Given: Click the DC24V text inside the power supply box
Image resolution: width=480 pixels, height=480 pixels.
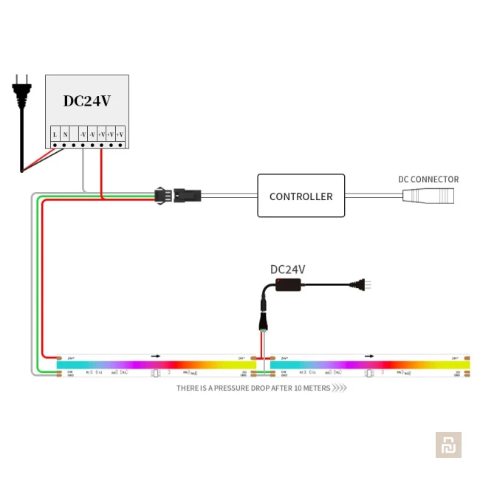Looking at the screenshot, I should pyautogui.click(x=86, y=101).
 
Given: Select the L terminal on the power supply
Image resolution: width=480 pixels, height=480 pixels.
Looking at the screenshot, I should pyautogui.click(x=55, y=135).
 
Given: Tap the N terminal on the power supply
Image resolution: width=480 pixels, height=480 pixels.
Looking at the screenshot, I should pyautogui.click(x=65, y=135).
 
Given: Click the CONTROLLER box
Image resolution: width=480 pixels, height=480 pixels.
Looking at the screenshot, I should pyautogui.click(x=301, y=196).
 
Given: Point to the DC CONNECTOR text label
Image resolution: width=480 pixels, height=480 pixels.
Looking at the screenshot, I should pyautogui.click(x=428, y=179).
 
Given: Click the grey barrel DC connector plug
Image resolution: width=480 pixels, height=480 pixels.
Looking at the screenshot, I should pyautogui.click(x=428, y=196).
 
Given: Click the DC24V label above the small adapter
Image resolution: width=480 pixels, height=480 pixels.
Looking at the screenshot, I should pyautogui.click(x=287, y=270).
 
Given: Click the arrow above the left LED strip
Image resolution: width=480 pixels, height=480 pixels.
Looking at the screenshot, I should pyautogui.click(x=156, y=356).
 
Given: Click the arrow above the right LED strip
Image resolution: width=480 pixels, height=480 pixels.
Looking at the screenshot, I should pyautogui.click(x=369, y=356).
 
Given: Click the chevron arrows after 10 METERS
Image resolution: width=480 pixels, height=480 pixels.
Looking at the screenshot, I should pyautogui.click(x=340, y=388).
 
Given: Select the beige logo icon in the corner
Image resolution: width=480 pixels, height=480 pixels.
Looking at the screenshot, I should pyautogui.click(x=448, y=445).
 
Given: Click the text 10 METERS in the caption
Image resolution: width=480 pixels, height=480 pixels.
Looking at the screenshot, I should pyautogui.click(x=312, y=388).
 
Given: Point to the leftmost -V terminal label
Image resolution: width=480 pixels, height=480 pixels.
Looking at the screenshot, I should pyautogui.click(x=83, y=135).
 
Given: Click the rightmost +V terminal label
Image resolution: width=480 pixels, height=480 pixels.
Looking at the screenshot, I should pyautogui.click(x=120, y=135).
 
